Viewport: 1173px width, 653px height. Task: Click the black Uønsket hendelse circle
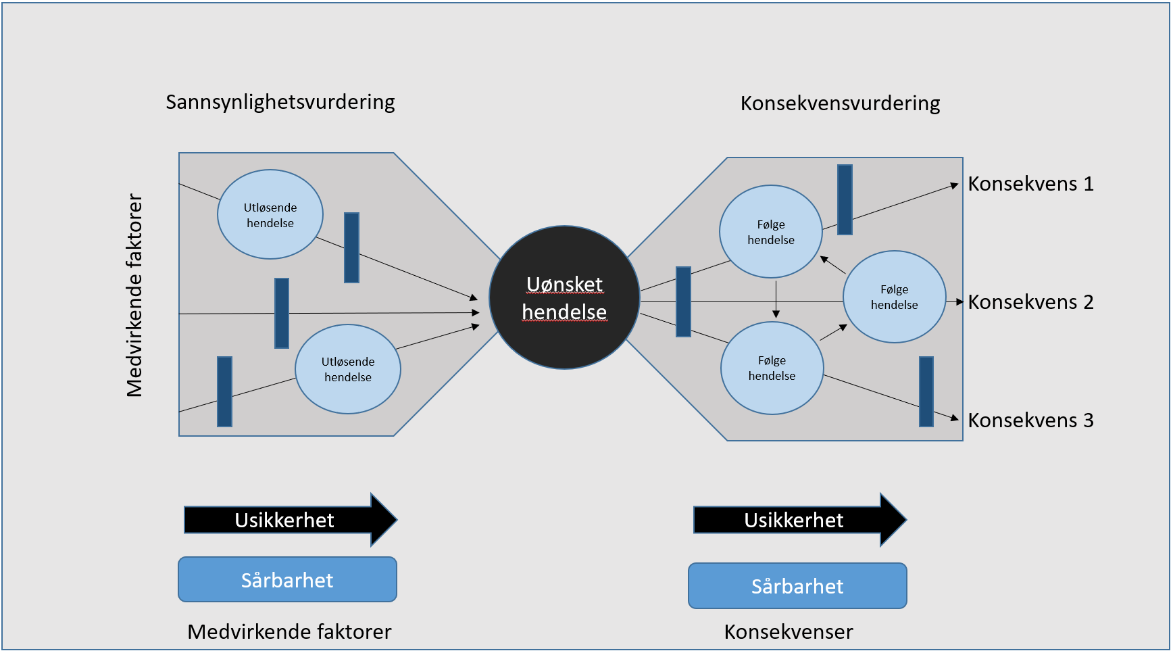pos(564,297)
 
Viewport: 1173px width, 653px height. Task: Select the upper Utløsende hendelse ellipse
pos(270,214)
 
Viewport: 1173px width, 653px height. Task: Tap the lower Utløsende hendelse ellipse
pos(348,369)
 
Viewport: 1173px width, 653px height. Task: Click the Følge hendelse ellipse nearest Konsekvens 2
pos(894,297)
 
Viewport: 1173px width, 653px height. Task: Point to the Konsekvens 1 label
pos(1030,184)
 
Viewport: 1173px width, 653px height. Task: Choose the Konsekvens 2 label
pos(1030,302)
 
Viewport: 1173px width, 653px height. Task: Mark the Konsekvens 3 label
pos(1030,420)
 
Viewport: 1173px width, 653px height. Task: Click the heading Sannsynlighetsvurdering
pos(280,102)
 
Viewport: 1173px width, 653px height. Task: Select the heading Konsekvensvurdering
pos(840,103)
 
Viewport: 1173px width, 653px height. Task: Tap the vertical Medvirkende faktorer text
pos(134,295)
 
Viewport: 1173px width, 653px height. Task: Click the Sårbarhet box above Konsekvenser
pos(797,586)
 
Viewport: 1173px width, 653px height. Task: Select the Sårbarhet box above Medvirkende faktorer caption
pos(287,580)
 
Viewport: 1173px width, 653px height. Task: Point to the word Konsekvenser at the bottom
pos(789,632)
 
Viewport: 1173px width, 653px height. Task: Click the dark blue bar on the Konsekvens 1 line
pos(845,199)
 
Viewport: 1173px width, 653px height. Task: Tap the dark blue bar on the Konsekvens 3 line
pos(926,392)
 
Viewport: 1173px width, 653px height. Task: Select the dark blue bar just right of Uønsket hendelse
pos(684,301)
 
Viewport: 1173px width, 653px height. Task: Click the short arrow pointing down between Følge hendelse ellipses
pos(776,299)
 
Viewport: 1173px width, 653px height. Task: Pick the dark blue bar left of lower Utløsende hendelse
pos(224,391)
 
